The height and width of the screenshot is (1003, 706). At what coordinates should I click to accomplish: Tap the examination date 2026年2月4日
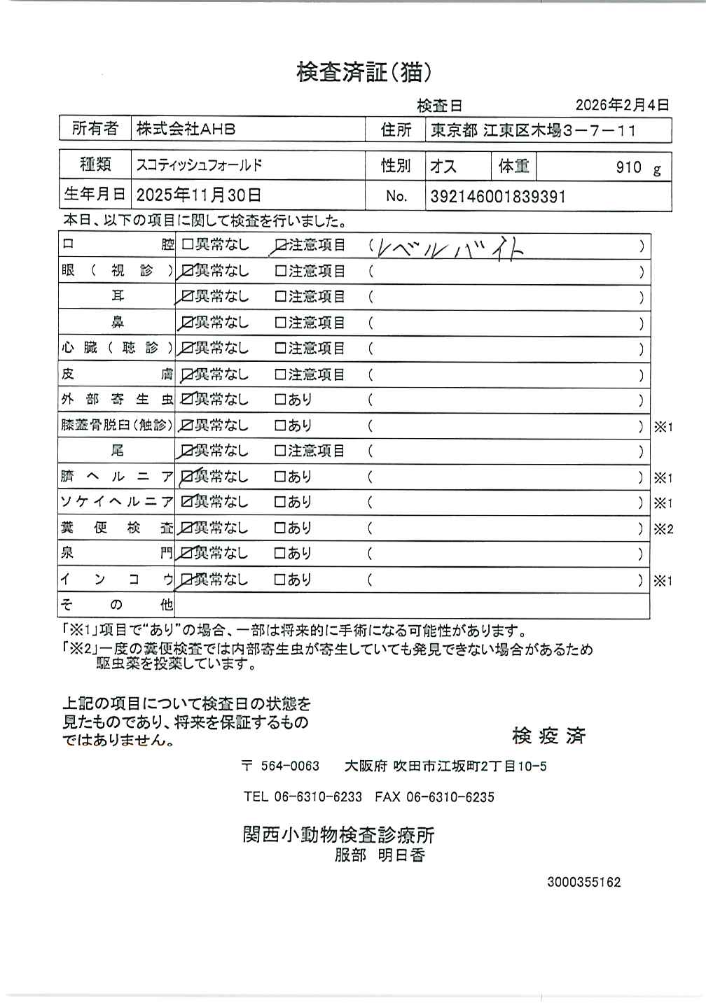622,105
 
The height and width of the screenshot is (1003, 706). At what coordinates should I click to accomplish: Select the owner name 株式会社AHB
186,129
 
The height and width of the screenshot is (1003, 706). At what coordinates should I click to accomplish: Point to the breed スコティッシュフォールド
199,166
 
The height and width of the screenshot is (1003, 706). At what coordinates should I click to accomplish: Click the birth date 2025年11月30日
199,195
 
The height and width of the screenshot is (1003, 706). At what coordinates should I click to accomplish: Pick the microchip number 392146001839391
497,197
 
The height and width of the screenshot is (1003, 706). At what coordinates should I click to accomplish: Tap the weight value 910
628,167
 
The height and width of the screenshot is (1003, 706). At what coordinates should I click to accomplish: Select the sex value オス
443,167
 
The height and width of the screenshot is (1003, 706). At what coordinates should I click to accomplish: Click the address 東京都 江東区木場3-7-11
533,130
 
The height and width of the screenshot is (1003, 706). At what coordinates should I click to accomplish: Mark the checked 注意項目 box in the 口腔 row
281,246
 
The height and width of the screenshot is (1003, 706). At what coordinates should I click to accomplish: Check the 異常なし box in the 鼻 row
187,323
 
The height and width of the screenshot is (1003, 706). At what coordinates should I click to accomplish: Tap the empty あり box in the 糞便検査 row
280,528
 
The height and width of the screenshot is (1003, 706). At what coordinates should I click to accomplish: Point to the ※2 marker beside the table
663,529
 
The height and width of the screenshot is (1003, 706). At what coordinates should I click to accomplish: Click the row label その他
117,605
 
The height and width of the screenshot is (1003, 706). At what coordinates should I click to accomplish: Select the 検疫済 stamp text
548,736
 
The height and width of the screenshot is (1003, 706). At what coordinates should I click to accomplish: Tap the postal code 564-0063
289,766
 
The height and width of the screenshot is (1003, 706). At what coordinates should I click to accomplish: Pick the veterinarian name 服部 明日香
380,855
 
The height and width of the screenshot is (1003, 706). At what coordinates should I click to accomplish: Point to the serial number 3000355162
583,882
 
